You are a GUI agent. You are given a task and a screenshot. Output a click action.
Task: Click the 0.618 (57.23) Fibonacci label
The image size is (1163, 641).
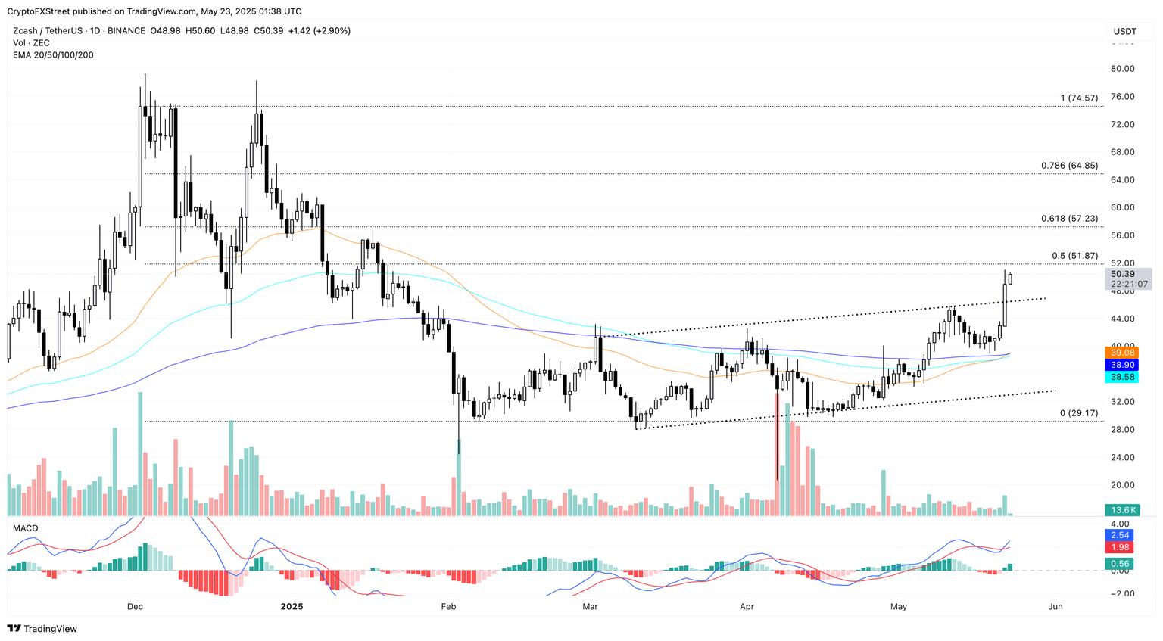1068,219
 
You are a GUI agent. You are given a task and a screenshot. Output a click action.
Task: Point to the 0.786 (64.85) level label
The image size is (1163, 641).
1068,166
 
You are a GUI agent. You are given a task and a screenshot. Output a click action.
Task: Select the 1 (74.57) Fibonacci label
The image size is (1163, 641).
1078,98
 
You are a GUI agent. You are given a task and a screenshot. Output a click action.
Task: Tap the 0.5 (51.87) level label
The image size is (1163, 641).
1074,256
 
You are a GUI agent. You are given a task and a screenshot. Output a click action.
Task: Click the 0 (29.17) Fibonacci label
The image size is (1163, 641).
1078,413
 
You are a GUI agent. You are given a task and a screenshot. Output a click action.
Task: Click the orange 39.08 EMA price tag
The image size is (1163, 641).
1121,353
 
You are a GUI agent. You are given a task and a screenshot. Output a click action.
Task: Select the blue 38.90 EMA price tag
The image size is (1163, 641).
1121,365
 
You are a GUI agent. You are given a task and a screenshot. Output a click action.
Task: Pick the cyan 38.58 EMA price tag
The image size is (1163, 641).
1121,377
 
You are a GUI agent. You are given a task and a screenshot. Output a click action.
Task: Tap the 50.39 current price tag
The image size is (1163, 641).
1123,274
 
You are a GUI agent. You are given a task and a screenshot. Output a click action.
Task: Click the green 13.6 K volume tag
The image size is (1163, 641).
1121,510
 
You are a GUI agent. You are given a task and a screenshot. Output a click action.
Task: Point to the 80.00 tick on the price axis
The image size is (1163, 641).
1122,69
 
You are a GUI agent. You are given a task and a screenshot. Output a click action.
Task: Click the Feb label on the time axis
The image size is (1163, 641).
448,607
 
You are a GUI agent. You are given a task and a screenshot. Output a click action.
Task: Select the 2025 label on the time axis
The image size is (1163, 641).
292,607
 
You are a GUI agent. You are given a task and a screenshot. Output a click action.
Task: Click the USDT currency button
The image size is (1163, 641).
1125,31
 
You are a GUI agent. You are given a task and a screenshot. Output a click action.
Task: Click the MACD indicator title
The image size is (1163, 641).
25,528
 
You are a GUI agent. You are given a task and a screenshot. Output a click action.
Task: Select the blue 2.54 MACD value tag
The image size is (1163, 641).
1120,535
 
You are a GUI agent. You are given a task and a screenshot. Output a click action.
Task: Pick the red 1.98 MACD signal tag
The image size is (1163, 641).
1120,547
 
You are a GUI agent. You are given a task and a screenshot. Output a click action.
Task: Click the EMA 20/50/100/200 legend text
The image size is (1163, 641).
53,55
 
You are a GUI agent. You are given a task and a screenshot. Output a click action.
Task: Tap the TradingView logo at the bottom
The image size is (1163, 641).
42,629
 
